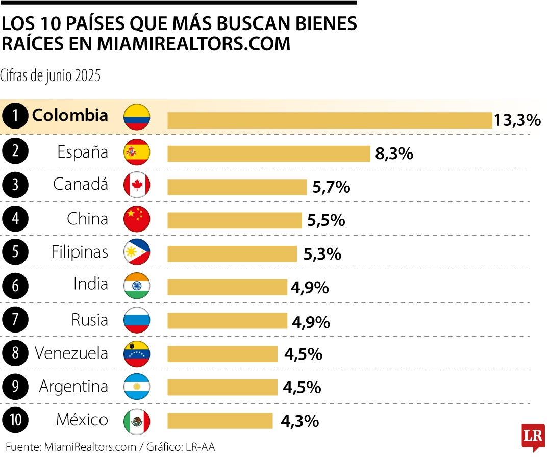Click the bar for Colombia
tap(329, 120)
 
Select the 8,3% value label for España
tap(394, 154)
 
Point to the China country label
tap(87, 219)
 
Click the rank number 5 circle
tap(15, 252)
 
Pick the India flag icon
tap(137, 286)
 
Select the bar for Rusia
tap(227, 320)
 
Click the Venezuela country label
tap(71, 353)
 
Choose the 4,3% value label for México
tap(300, 421)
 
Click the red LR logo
tap(533, 437)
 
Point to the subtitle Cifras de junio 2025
tap(51, 76)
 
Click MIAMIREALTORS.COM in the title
tap(193, 44)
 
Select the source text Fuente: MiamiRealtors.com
tap(71, 447)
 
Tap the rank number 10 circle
tap(15, 420)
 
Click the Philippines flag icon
tap(137, 252)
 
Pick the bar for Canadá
tap(237, 187)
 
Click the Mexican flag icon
tap(137, 421)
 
